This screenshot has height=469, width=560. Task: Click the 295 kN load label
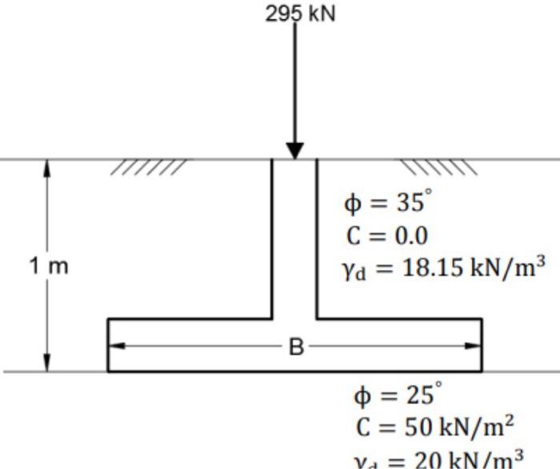(301, 14)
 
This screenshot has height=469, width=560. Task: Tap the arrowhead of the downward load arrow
(294, 150)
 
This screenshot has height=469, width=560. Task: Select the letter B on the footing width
(296, 347)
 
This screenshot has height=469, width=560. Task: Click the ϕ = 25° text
(397, 395)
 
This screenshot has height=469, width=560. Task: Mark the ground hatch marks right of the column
(438, 166)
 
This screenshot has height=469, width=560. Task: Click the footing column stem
(294, 240)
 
